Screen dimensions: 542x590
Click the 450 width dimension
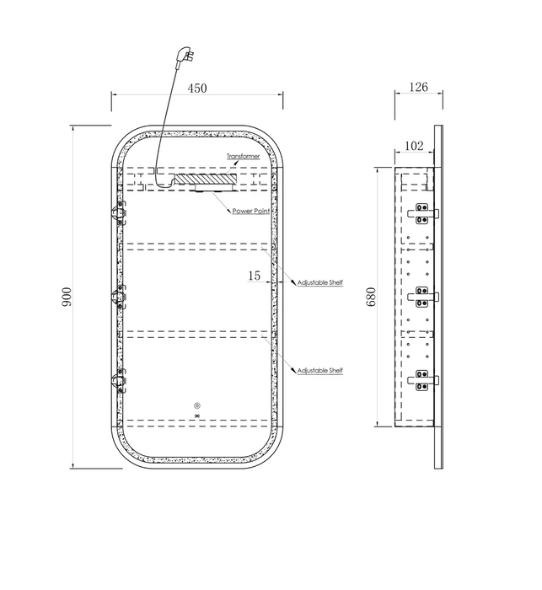pyautogui.click(x=197, y=88)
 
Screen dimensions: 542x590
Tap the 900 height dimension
pyautogui.click(x=67, y=297)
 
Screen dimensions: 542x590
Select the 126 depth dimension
pyautogui.click(x=419, y=87)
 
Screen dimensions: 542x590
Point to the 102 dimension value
pyautogui.click(x=414, y=146)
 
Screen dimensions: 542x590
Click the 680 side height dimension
pyautogui.click(x=372, y=297)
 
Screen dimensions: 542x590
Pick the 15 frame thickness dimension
pyautogui.click(x=254, y=276)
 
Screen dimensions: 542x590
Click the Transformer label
pyautogui.click(x=243, y=156)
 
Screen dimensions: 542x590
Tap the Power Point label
pyautogui.click(x=251, y=211)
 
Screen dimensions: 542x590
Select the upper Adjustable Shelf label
pyautogui.click(x=320, y=282)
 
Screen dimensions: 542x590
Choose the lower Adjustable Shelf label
pyautogui.click(x=320, y=371)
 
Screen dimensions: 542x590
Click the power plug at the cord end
pyautogui.click(x=185, y=56)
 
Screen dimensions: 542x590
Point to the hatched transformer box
pyautogui.click(x=206, y=179)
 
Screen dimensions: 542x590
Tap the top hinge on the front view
pyautogui.click(x=119, y=213)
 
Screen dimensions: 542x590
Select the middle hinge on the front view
pyautogui.click(x=119, y=297)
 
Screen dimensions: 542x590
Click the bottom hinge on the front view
pyautogui.click(x=119, y=381)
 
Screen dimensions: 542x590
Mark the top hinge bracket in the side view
pyautogui.click(x=422, y=213)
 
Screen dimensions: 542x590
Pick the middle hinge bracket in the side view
pyautogui.click(x=422, y=297)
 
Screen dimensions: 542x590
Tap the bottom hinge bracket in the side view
pyautogui.click(x=422, y=380)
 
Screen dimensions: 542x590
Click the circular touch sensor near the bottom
pyautogui.click(x=197, y=405)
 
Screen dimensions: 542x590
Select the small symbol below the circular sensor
pyautogui.click(x=197, y=416)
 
